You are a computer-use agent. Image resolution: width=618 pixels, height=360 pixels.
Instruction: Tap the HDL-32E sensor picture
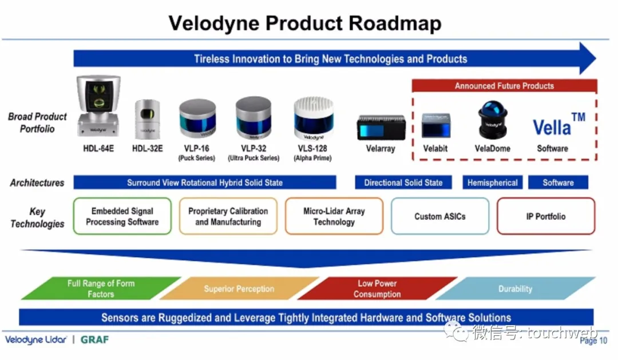pyautogui.click(x=147, y=120)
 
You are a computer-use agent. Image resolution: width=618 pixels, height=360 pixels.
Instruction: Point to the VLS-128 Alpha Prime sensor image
pyautogui.click(x=313, y=118)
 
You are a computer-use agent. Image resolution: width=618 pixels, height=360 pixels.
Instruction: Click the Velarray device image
pyautogui.click(x=381, y=127)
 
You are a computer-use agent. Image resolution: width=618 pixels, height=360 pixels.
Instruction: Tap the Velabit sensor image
pyautogui.click(x=437, y=125)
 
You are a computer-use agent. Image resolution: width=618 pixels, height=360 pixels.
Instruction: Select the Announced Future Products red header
pyautogui.click(x=504, y=86)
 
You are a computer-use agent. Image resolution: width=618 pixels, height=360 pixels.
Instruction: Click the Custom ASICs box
pyautogui.click(x=439, y=216)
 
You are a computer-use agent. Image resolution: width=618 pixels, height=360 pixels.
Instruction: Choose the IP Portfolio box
pyautogui.click(x=545, y=216)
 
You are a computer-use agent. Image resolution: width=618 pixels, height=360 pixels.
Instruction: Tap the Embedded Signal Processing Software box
pyautogui.click(x=122, y=216)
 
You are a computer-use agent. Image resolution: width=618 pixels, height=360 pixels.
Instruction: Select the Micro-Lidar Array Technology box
pyautogui.click(x=334, y=216)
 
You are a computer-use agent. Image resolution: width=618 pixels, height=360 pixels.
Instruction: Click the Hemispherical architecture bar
pyautogui.click(x=492, y=183)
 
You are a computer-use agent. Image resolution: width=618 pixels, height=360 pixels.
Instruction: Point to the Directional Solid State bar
pyautogui.click(x=403, y=183)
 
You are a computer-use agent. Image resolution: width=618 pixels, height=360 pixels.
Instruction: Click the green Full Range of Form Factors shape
pyautogui.click(x=101, y=288)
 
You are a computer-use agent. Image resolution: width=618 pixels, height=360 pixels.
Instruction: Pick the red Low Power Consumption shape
pyautogui.click(x=377, y=288)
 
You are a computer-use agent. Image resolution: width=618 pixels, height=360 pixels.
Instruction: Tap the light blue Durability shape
pyautogui.click(x=515, y=288)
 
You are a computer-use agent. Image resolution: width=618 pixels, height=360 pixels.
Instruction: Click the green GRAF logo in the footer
pyautogui.click(x=94, y=339)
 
